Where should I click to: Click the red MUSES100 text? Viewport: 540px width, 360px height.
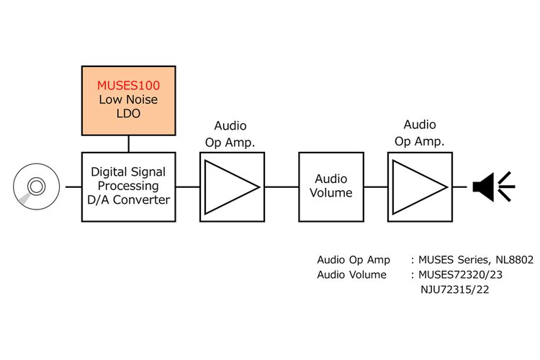coord(129,85)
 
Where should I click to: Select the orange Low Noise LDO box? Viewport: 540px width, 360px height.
coord(129,108)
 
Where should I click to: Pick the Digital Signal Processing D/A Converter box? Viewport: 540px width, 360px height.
coord(129,186)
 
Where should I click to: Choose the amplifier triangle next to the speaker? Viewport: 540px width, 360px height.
coord(418,186)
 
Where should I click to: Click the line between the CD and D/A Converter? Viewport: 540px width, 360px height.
coord(73,186)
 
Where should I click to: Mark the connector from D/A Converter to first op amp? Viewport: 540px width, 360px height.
coord(186,186)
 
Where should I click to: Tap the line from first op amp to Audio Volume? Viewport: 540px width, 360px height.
coord(282,186)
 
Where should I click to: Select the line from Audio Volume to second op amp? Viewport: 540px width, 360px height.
coord(376,186)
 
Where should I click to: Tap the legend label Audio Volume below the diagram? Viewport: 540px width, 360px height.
coord(351,274)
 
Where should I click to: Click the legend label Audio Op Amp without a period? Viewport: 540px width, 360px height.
coord(354,259)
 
